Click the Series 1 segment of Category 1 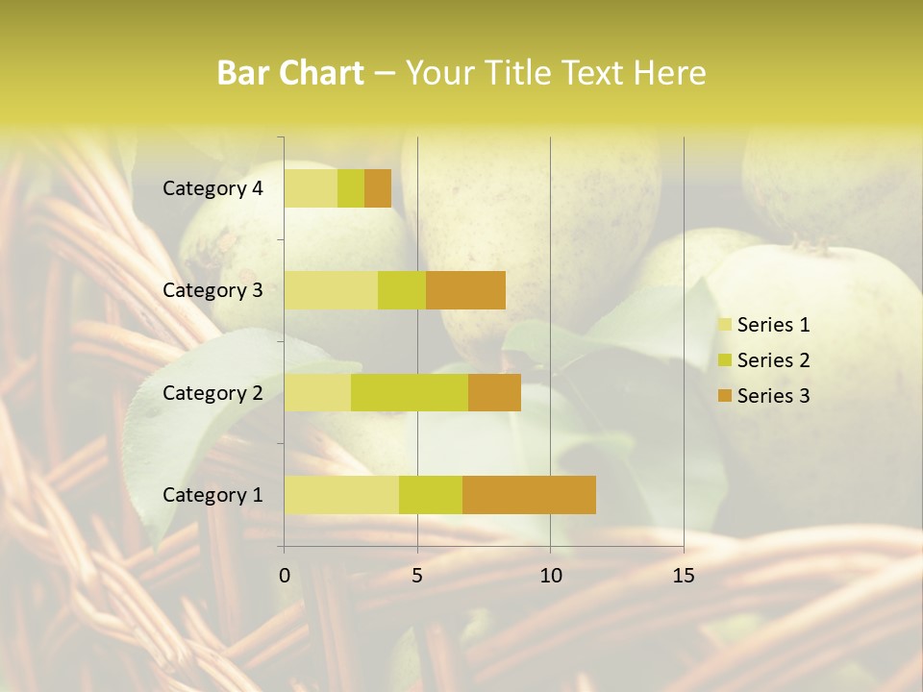pos(341,494)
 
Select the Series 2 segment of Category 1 pos(431,494)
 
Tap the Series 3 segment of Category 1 pos(529,494)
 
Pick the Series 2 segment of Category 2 pos(410,392)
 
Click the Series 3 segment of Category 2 pos(494,392)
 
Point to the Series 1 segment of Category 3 pos(331,290)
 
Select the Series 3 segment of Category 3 pos(465,290)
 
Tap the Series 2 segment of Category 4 pos(351,188)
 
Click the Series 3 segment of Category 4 pos(378,188)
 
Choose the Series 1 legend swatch pos(723,325)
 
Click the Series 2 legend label pos(773,360)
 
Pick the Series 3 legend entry pos(763,396)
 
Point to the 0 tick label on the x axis pos(285,576)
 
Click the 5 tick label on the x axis pos(417,576)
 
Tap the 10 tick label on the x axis pos(550,576)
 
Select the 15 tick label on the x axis pos(684,576)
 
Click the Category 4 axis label pos(212,188)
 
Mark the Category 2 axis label pos(212,392)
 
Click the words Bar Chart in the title pos(290,73)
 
